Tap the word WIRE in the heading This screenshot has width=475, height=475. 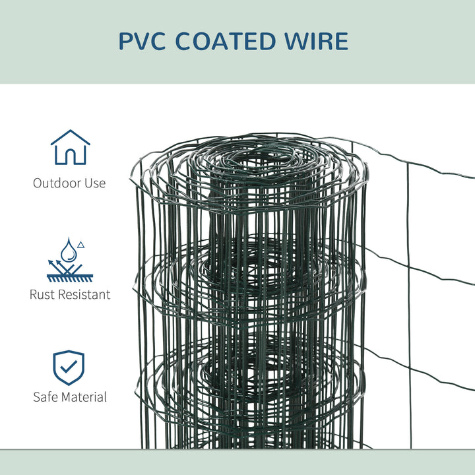pos(319,41)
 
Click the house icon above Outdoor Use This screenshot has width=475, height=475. pos(70,147)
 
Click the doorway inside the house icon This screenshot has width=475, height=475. pos(70,157)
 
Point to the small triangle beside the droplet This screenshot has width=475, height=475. pos(81,245)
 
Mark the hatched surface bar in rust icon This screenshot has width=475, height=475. pos(70,278)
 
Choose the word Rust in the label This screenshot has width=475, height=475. pos(44,294)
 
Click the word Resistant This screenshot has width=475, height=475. pos(85,294)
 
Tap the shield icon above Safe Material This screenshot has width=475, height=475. pos(69,367)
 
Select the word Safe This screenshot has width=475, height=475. pos(46,397)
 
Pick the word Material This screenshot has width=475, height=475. pos(84,397)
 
